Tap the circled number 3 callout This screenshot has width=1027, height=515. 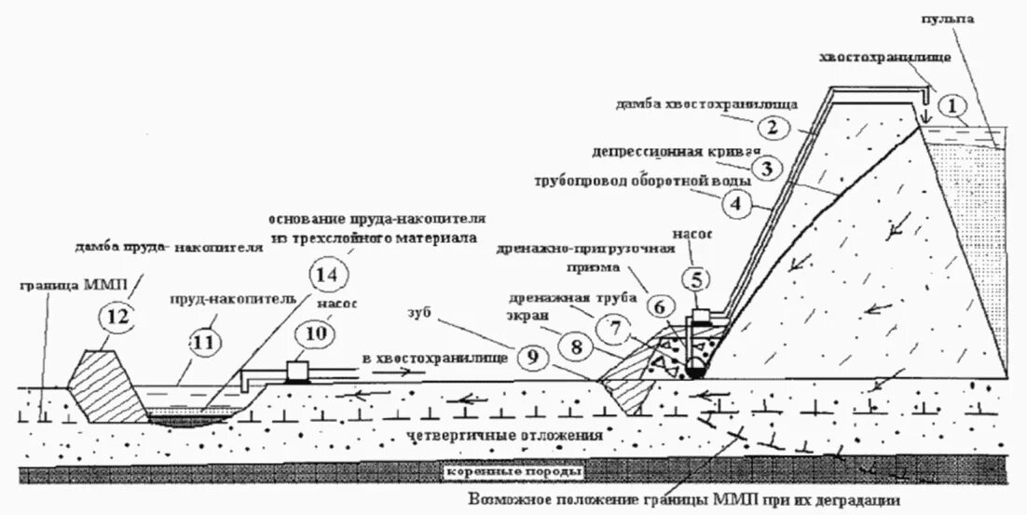765,169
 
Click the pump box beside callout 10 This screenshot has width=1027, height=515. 298,371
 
